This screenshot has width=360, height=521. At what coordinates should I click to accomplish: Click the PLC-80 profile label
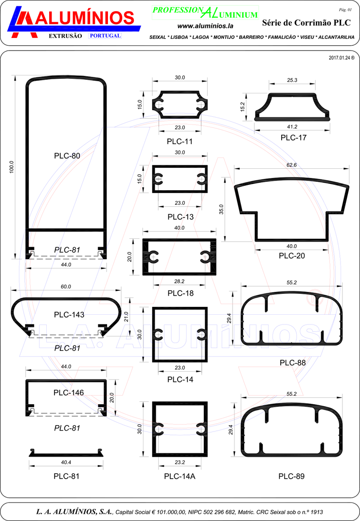(67, 156)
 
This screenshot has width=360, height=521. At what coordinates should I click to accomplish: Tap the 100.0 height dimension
(12, 167)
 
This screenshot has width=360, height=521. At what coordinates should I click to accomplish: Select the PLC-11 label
(180, 142)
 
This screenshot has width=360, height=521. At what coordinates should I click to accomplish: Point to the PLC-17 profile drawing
(292, 107)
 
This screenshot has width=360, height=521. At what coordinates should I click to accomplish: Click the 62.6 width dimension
(291, 165)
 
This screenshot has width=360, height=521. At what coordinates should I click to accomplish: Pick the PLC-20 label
(292, 256)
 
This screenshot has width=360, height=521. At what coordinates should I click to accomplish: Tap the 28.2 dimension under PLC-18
(179, 282)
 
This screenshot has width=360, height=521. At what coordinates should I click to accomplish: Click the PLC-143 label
(69, 315)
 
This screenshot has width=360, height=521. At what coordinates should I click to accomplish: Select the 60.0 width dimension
(66, 287)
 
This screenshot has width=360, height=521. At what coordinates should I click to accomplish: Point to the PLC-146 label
(69, 393)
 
